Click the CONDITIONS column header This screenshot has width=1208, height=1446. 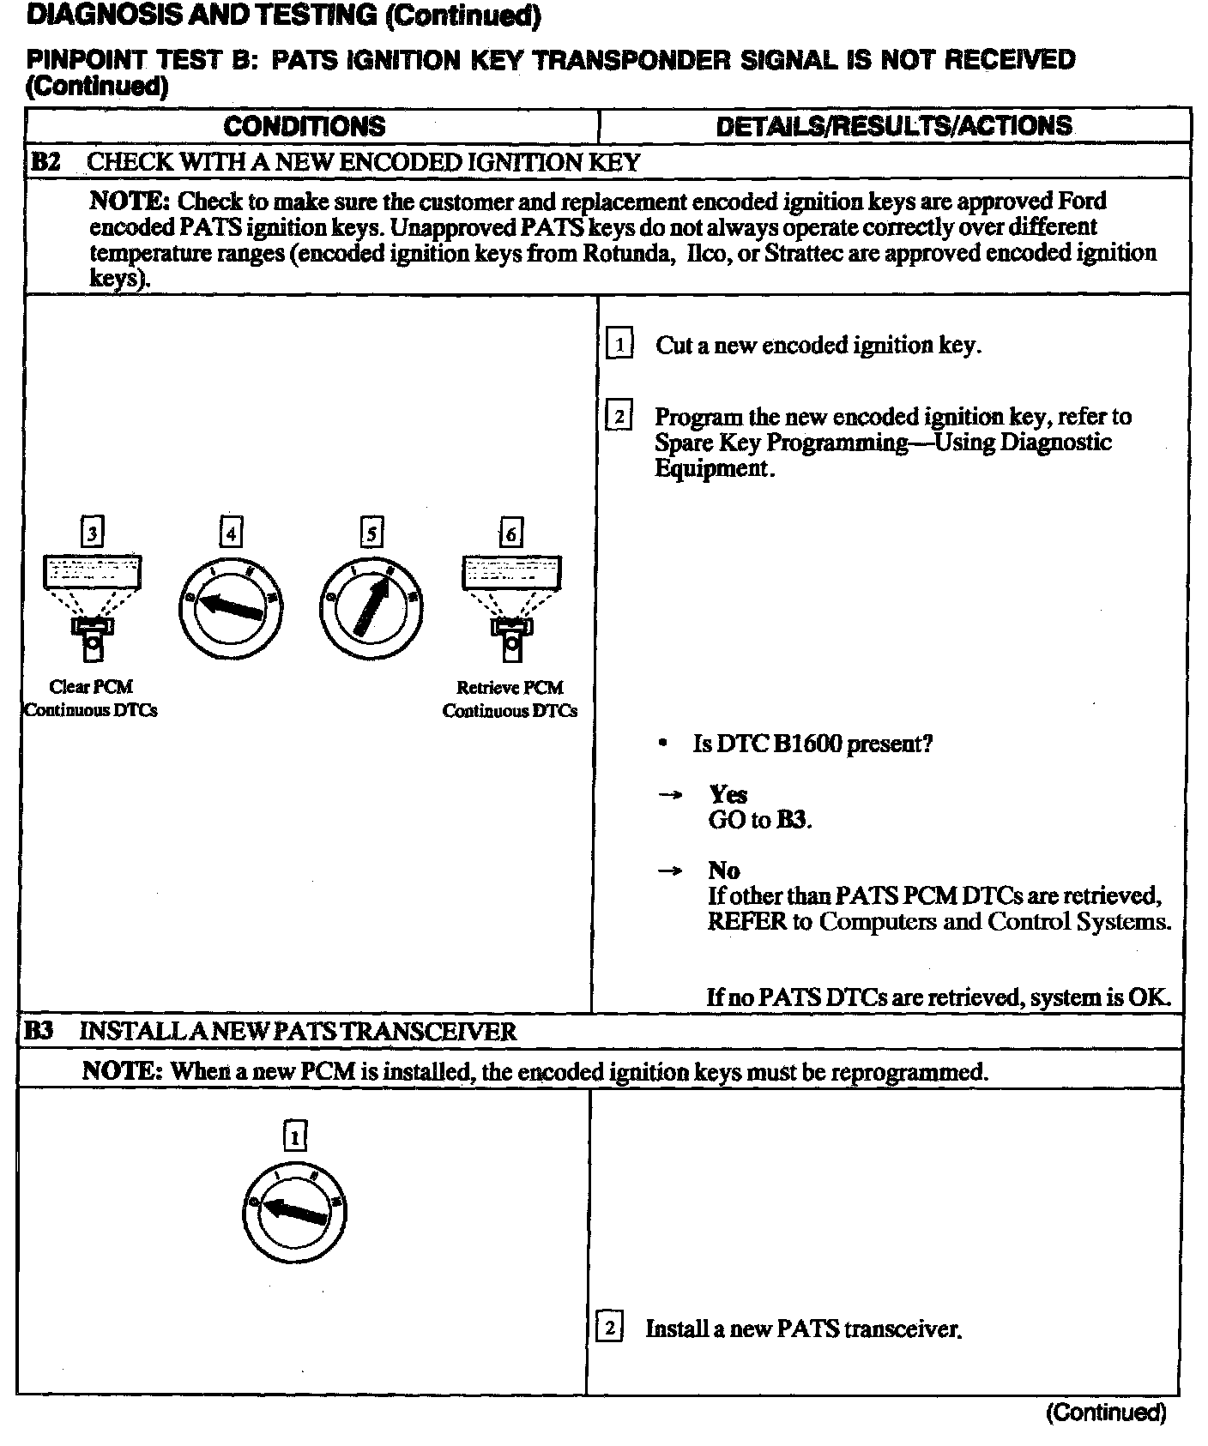(x=305, y=126)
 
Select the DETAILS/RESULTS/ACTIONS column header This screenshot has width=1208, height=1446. (x=893, y=126)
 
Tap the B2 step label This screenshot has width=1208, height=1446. (x=45, y=161)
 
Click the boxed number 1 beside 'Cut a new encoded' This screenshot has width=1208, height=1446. (x=619, y=345)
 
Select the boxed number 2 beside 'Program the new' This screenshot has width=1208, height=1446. (x=619, y=417)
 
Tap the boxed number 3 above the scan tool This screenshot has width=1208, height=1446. (x=92, y=533)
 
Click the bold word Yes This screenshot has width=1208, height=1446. (x=728, y=795)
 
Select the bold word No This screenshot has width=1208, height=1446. (x=723, y=871)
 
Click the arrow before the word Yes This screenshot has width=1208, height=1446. (x=669, y=795)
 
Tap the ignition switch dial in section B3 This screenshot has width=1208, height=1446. (x=294, y=1211)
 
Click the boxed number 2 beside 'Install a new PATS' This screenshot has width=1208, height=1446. (x=609, y=1329)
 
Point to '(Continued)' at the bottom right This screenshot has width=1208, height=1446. (x=1105, y=1413)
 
